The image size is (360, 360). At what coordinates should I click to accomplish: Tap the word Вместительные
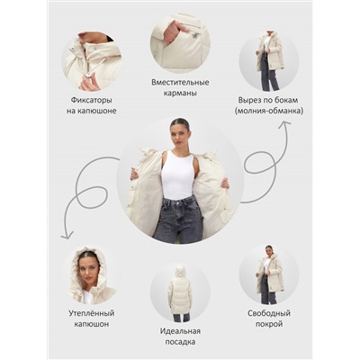[180, 83]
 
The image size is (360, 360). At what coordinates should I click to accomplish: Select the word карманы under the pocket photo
[180, 94]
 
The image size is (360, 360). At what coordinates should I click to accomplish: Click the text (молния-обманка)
[269, 111]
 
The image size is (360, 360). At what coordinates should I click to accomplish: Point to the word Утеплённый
[92, 313]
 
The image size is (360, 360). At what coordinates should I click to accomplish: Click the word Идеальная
[180, 331]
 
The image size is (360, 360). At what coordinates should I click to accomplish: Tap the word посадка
[180, 342]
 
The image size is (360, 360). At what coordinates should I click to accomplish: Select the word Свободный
[269, 313]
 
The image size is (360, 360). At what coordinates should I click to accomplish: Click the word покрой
[269, 324]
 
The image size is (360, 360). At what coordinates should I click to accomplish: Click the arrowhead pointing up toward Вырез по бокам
[284, 123]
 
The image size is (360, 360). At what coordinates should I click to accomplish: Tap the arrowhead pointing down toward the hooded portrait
[67, 236]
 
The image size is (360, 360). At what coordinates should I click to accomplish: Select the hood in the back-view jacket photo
[180, 272]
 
